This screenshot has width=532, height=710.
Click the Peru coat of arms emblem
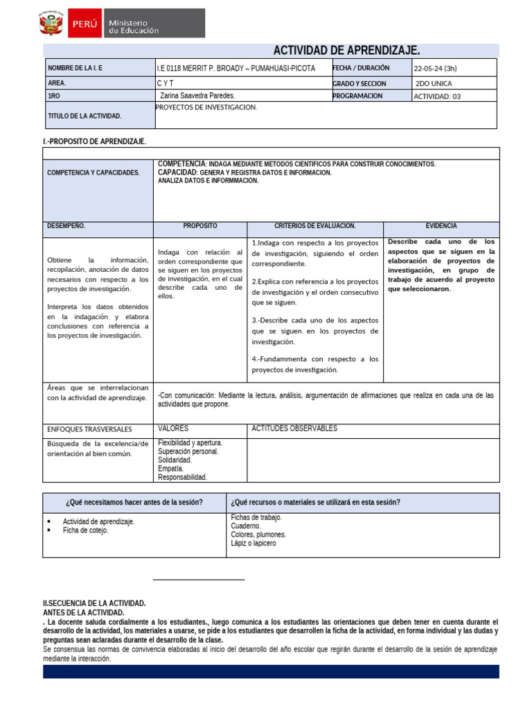point(51,24)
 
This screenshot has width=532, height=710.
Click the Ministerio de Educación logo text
point(133,26)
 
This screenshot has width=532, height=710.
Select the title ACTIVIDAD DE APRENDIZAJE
point(347,50)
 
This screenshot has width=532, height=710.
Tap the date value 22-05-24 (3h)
point(435,69)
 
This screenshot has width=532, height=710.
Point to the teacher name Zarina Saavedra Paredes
point(197,96)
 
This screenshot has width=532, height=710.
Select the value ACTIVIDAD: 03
point(436,96)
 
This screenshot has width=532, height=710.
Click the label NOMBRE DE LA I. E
point(76,68)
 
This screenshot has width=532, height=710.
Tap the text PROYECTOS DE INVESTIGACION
point(206,107)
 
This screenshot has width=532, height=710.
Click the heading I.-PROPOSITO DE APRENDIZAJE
point(95,141)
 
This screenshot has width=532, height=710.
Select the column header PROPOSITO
point(200,226)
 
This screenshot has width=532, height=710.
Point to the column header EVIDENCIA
point(441,226)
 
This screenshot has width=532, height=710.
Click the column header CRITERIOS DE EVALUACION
point(314,226)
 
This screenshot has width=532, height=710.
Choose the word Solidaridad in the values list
point(175,460)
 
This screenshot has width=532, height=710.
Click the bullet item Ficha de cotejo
point(85,530)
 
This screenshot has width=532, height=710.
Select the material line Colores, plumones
point(258,535)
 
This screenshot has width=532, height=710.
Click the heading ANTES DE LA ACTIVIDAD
point(84,613)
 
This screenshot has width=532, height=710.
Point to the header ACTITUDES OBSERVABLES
point(294,428)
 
